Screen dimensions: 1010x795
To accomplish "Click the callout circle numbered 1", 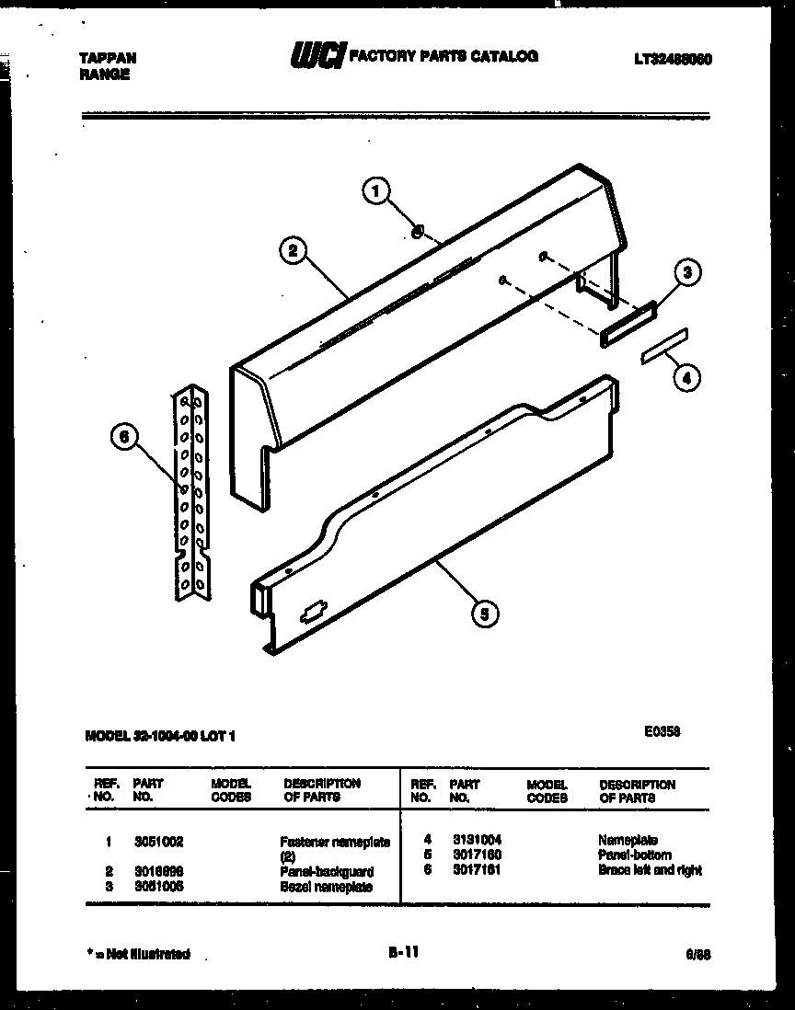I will [x=373, y=192].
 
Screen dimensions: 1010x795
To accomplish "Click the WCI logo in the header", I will [x=317, y=57].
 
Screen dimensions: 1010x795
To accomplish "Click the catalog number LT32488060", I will [x=674, y=59].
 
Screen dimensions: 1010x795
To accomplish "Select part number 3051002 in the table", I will [x=158, y=841].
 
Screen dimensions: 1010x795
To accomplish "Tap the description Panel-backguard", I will [x=327, y=871].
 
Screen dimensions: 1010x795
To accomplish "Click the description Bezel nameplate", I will [x=326, y=887].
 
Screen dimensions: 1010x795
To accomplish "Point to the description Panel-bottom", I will [x=634, y=855].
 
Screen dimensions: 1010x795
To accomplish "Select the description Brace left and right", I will [x=649, y=869].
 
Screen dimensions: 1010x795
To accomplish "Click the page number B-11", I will [x=403, y=953].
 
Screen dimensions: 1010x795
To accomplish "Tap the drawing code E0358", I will [x=662, y=731].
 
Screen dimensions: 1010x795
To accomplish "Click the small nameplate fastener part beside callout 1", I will [x=417, y=232].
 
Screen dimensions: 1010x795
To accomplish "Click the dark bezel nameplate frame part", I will [x=628, y=324].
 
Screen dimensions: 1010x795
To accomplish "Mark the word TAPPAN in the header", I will [x=108, y=57].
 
